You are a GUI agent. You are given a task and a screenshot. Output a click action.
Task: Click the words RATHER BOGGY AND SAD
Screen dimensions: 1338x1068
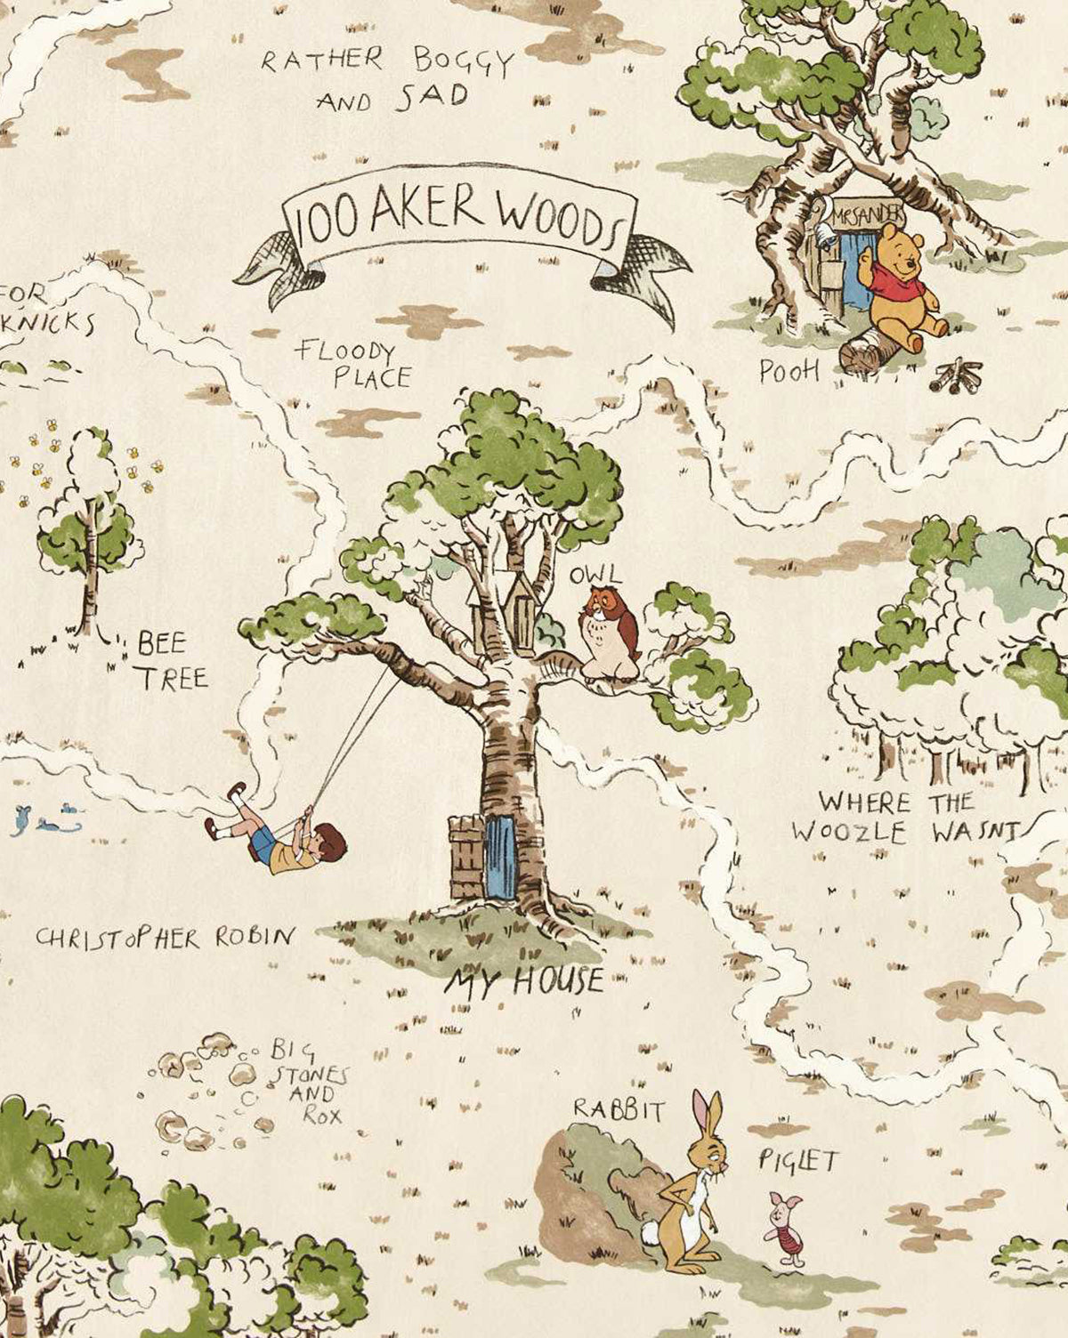[x=387, y=78]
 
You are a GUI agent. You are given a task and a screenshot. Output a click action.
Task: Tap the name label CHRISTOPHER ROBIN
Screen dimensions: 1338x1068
[x=165, y=937]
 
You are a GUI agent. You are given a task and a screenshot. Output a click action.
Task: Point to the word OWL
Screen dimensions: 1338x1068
[x=597, y=575]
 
